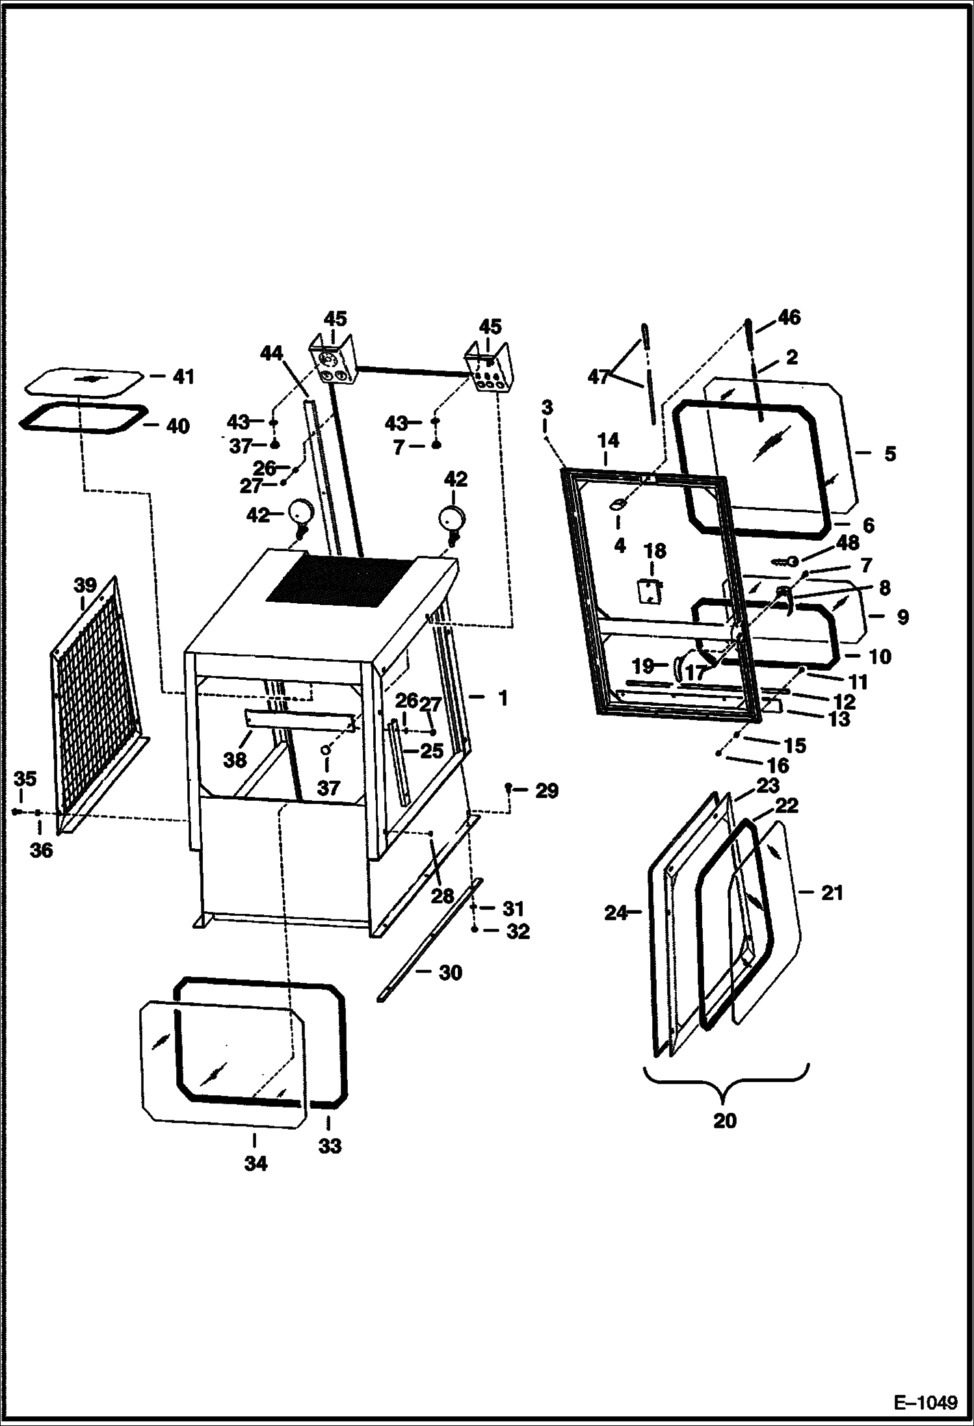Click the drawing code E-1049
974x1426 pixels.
[x=926, y=1400]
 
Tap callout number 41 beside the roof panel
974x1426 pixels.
[x=184, y=377]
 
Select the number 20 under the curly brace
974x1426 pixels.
[x=725, y=1121]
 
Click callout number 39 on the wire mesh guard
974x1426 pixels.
[x=85, y=585]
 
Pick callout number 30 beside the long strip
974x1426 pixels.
[x=450, y=973]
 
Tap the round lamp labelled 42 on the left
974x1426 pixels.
[x=300, y=512]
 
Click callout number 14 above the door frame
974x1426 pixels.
[x=608, y=441]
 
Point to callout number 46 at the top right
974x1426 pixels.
[x=789, y=317]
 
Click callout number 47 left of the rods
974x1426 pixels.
[x=598, y=376]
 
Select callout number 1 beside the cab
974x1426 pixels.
[x=502, y=698]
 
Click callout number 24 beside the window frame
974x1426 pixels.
[x=615, y=913]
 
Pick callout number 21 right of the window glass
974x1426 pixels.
[x=832, y=893]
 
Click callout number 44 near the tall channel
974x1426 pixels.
[x=272, y=353]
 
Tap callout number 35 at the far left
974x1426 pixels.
[x=25, y=779]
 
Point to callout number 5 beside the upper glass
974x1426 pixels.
[x=889, y=453]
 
